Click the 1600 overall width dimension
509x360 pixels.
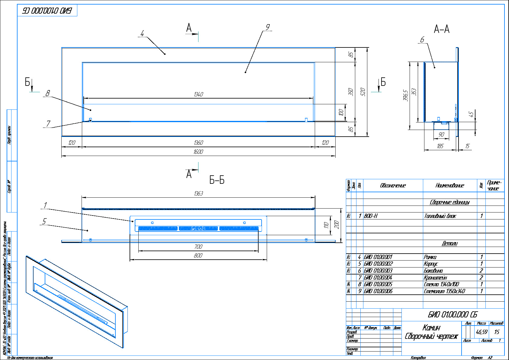click(x=198, y=152)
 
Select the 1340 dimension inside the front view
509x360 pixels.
click(x=198, y=94)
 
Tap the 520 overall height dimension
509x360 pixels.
click(x=363, y=92)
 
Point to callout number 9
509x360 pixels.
click(x=267, y=27)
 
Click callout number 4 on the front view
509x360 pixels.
click(x=142, y=33)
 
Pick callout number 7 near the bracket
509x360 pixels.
click(x=48, y=124)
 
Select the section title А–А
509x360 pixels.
click(x=442, y=29)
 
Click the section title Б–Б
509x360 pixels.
click(x=217, y=180)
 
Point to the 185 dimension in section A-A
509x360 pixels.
click(x=440, y=146)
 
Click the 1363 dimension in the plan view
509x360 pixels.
click(x=198, y=193)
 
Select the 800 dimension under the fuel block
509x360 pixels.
click(x=198, y=256)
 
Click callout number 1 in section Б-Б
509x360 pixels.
click(x=45, y=205)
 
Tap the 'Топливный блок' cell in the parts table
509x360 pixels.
click(x=440, y=216)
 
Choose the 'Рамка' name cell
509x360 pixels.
click(x=430, y=257)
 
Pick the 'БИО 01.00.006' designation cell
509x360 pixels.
click(x=378, y=291)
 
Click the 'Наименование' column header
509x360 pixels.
click(x=449, y=185)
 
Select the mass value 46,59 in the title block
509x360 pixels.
click(x=482, y=332)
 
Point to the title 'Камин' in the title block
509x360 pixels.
click(x=431, y=327)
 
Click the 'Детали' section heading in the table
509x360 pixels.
click(x=449, y=243)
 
